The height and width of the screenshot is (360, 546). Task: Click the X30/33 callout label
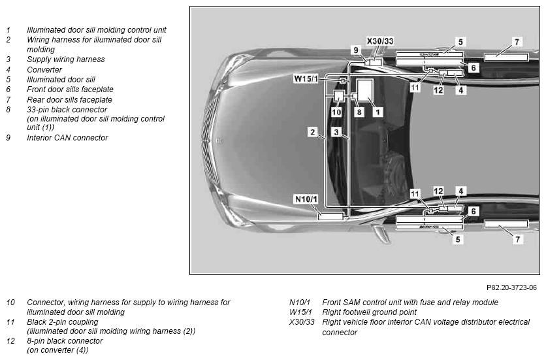[x=380, y=41]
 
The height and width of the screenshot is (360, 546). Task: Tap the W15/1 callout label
[x=306, y=79]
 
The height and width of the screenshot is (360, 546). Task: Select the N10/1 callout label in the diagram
[x=306, y=199]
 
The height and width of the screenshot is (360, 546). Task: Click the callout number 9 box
[x=355, y=50]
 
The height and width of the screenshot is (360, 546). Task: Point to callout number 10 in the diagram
[x=336, y=112]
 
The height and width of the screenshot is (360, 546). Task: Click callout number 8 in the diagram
[x=359, y=112]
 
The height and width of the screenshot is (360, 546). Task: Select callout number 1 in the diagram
[x=377, y=112]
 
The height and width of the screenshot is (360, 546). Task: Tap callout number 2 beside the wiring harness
[x=313, y=132]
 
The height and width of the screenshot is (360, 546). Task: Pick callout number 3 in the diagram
[x=336, y=132]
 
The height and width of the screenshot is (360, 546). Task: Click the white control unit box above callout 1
[x=365, y=90]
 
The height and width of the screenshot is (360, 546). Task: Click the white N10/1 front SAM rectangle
[x=331, y=216]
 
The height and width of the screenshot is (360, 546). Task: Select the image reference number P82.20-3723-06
[x=511, y=287]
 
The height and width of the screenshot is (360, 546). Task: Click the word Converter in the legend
[x=44, y=70]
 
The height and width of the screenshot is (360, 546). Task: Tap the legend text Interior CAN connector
[x=67, y=138]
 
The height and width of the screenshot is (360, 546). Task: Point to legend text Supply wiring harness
[x=66, y=59]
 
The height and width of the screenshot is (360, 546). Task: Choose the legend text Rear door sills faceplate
[x=70, y=100]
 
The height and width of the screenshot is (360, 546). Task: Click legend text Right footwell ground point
[x=370, y=312]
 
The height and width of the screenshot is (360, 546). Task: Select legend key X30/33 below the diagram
[x=302, y=322]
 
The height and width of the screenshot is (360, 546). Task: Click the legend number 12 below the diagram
[x=11, y=341]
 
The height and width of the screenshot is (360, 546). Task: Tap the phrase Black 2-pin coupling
[x=63, y=321]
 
